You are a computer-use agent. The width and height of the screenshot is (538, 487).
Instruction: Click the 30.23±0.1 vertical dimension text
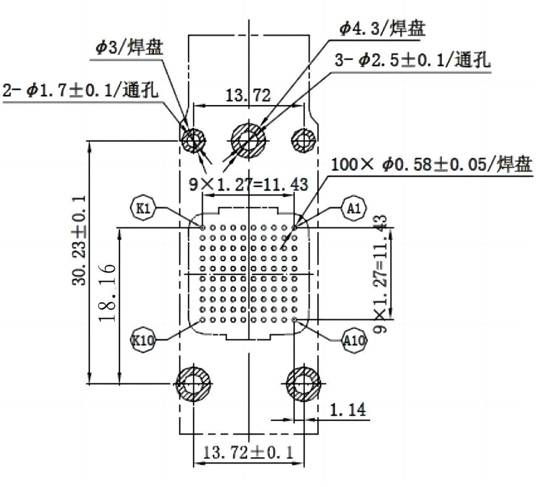78,240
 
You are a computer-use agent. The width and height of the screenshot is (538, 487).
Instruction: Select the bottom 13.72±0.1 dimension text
248,452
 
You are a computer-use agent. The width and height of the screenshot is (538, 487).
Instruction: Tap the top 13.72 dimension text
248,96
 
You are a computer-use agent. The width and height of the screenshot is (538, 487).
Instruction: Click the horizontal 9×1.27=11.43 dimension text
248,184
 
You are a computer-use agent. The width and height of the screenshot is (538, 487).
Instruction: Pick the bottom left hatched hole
194,384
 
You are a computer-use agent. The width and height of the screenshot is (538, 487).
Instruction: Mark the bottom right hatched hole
304,384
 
